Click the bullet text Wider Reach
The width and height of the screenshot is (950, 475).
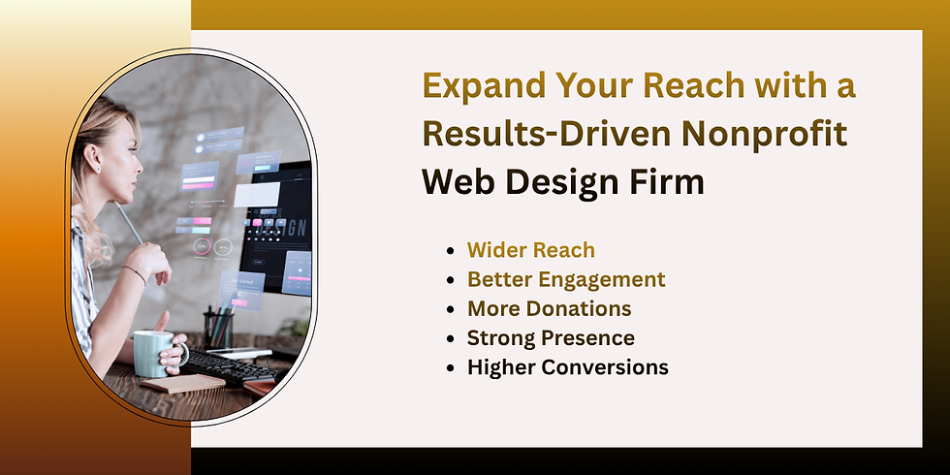click(x=530, y=250)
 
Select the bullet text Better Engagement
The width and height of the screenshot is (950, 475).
click(x=566, y=279)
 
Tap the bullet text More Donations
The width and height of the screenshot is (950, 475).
click(x=549, y=309)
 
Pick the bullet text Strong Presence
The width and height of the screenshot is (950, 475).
click(x=551, y=338)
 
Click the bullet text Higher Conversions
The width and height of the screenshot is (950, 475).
click(x=567, y=367)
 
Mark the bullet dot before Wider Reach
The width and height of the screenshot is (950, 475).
click(x=451, y=251)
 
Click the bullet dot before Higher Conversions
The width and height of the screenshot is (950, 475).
click(x=451, y=368)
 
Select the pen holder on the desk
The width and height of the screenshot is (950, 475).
click(x=219, y=329)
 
